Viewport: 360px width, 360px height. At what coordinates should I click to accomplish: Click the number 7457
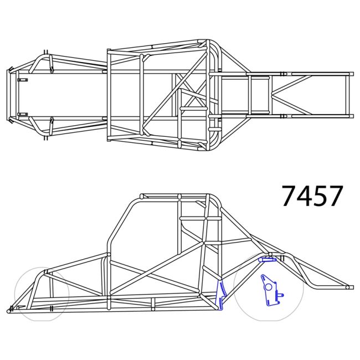[312, 196]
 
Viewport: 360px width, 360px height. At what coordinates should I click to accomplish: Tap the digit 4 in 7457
[304, 196]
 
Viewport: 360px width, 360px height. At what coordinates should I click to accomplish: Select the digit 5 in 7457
[320, 196]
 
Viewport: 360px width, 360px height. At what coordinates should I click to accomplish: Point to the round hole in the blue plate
[268, 286]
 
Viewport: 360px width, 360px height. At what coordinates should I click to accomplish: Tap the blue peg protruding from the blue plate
[281, 295]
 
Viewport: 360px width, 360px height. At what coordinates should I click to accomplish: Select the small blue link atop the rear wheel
[267, 259]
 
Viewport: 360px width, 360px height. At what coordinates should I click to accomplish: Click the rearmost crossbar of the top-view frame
[349, 95]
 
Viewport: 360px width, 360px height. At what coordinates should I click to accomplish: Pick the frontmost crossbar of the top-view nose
[9, 95]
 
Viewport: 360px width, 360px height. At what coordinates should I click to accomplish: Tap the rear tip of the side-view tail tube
[350, 287]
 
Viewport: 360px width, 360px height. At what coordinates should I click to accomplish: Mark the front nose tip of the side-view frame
[9, 311]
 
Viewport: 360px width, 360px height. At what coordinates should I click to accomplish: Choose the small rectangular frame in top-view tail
[257, 95]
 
